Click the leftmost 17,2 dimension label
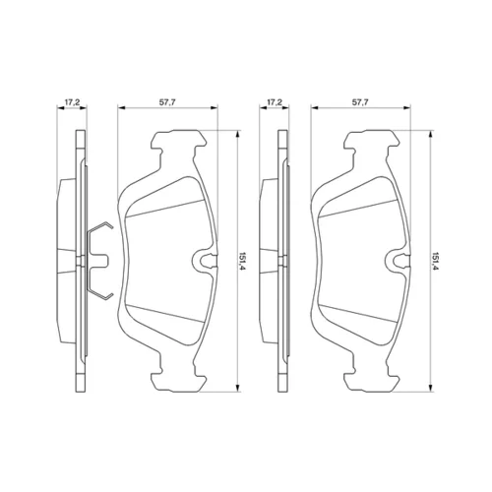[72, 102]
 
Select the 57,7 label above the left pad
[167, 102]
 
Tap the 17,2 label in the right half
[275, 102]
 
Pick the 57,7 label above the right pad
[360, 102]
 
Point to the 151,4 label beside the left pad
[243, 261]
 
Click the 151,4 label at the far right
[436, 261]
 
